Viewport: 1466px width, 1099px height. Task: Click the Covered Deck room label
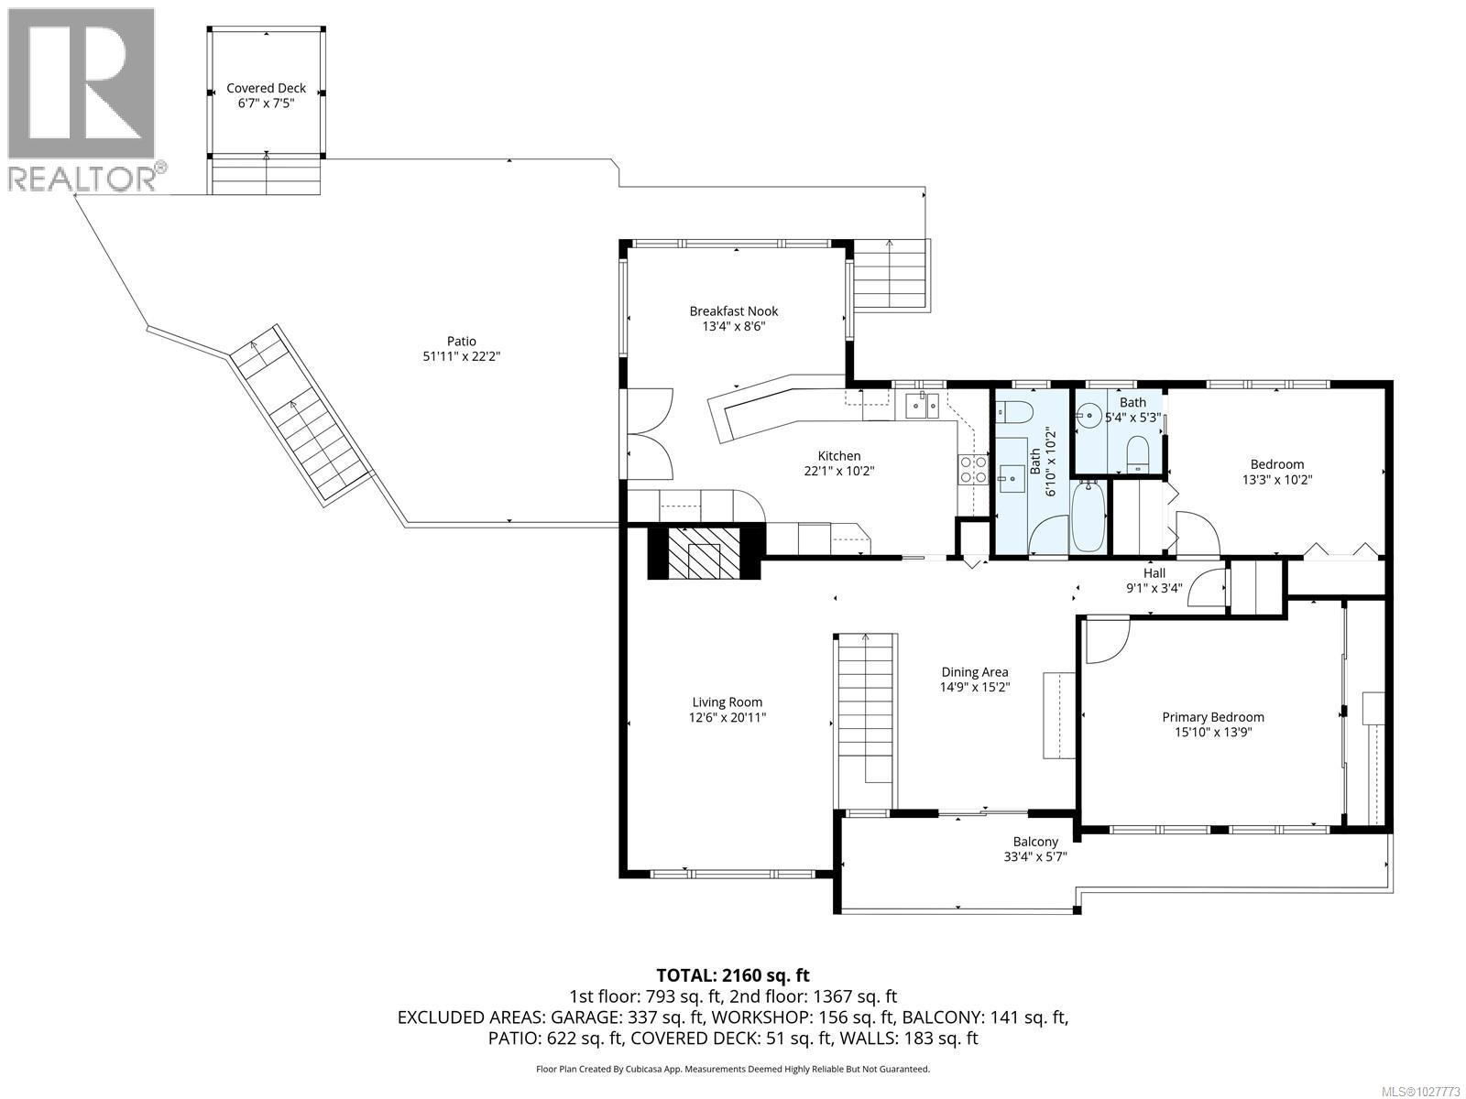coord(266,89)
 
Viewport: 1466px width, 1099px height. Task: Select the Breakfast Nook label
coord(733,311)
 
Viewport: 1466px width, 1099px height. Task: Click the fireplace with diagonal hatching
coord(705,552)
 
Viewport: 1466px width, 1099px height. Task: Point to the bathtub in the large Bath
coord(1089,517)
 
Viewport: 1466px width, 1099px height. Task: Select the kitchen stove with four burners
coord(972,470)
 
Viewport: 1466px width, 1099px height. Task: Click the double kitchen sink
coord(922,404)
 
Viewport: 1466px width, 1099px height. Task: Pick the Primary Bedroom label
coord(1213,717)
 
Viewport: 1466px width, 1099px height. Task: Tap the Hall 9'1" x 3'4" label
coord(1154,581)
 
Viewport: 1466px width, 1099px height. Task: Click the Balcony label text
coord(1035,842)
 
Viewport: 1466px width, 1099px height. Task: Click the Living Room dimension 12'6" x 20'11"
coord(728,717)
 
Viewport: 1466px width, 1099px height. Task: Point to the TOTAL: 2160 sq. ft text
coord(732,975)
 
